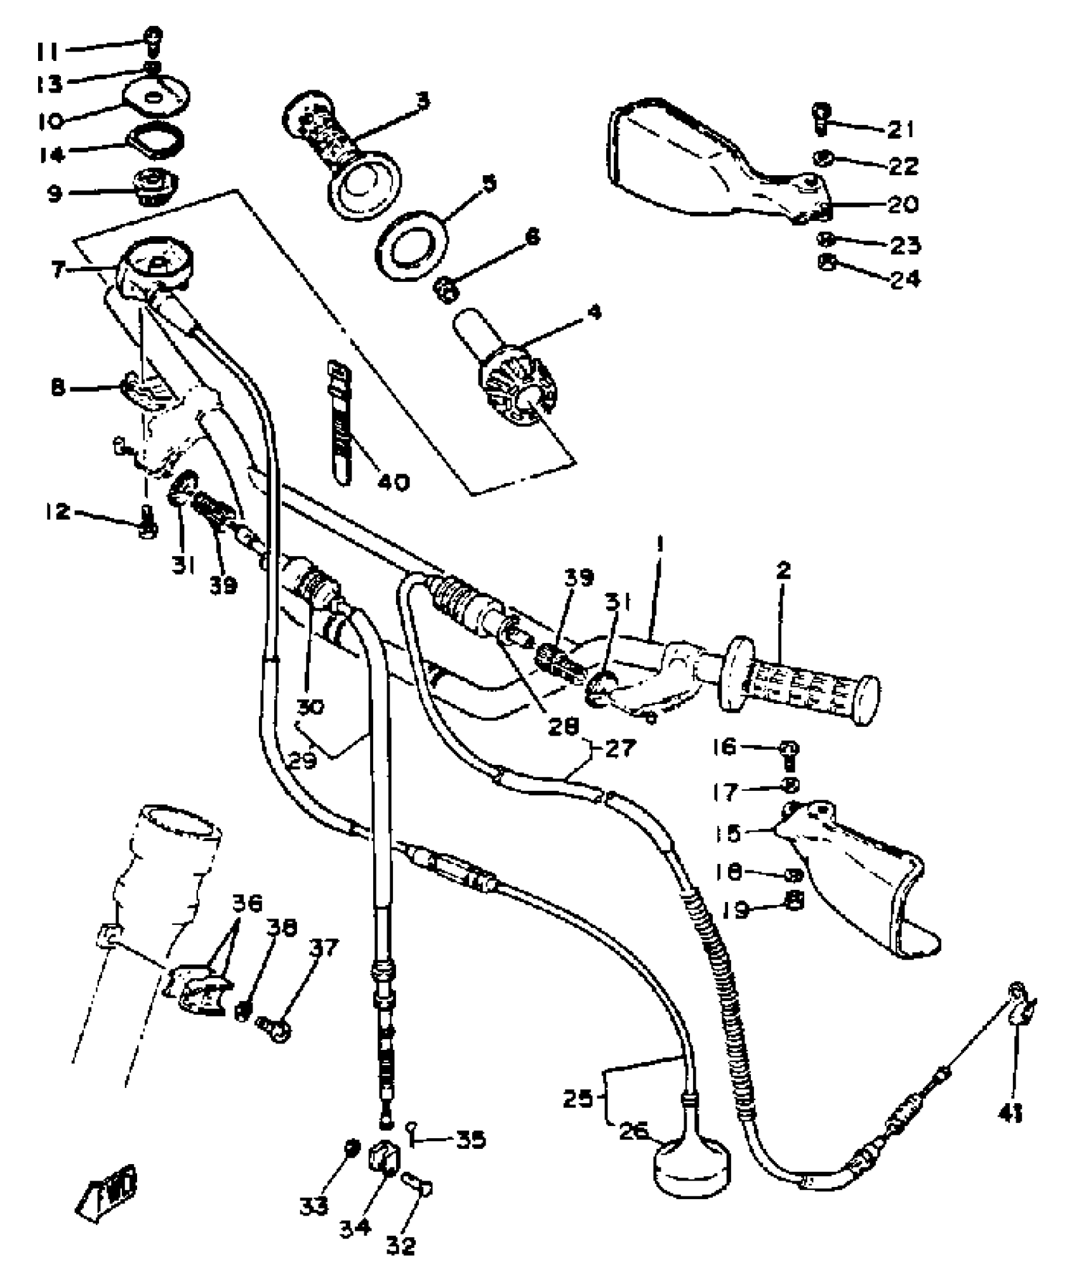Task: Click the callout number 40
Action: pos(394,482)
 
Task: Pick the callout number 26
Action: pos(634,1130)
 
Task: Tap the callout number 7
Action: pos(58,270)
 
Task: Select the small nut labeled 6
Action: pos(446,291)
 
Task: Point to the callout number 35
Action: pos(471,1139)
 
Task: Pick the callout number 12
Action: pos(58,511)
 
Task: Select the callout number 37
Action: pos(324,948)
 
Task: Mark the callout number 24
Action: pos(905,279)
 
